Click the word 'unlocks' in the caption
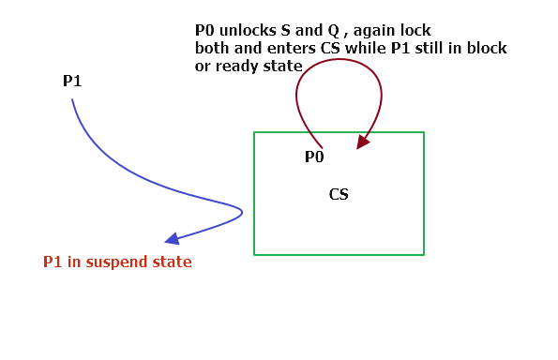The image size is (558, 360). click(x=241, y=30)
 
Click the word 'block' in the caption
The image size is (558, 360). click(x=485, y=47)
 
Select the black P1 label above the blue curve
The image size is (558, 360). click(x=72, y=82)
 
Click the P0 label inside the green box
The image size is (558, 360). click(x=314, y=157)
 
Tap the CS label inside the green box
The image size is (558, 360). click(x=339, y=195)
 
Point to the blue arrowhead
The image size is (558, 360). click(x=172, y=239)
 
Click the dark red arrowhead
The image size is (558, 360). click(x=360, y=143)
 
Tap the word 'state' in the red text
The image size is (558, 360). click(x=171, y=262)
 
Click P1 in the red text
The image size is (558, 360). click(x=53, y=262)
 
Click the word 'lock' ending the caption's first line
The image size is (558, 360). click(x=415, y=30)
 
